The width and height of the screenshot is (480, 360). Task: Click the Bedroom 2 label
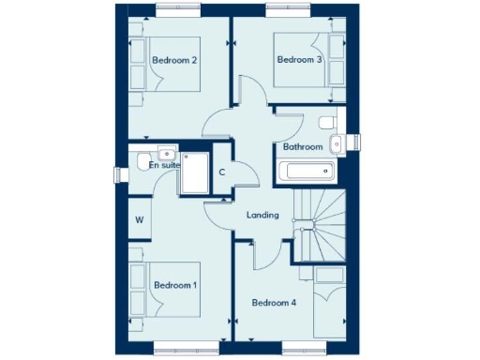(x=174, y=61)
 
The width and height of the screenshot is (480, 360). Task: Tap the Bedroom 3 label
(x=300, y=60)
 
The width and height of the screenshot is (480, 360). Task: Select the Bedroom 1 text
(x=174, y=285)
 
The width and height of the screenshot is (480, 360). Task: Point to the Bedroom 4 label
(x=274, y=302)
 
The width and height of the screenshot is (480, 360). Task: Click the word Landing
(x=262, y=216)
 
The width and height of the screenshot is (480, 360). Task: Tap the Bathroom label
(x=303, y=147)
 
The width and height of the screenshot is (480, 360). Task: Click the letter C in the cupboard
(x=222, y=172)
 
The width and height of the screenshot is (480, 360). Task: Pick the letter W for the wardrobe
(x=139, y=221)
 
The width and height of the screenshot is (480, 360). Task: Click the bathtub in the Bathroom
(x=307, y=172)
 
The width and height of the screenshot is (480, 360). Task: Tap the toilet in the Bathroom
(x=327, y=123)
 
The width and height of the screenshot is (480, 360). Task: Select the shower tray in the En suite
(x=195, y=173)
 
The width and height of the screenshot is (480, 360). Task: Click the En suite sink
(x=166, y=152)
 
